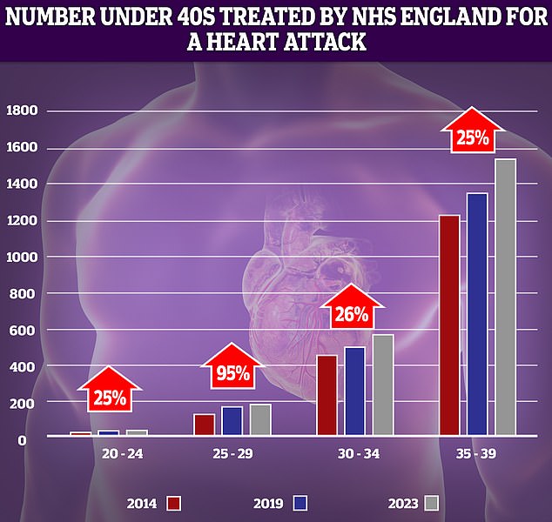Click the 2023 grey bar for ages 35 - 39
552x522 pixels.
505,297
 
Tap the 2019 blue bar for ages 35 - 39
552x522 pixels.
477,313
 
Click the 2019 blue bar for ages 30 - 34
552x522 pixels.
354,391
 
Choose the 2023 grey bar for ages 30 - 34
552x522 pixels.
383,384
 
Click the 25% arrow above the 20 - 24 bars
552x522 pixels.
110,396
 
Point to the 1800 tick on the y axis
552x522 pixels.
22,111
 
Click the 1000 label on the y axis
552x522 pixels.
22,258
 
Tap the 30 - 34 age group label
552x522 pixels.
355,454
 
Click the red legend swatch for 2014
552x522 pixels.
174,503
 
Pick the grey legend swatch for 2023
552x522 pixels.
430,503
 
